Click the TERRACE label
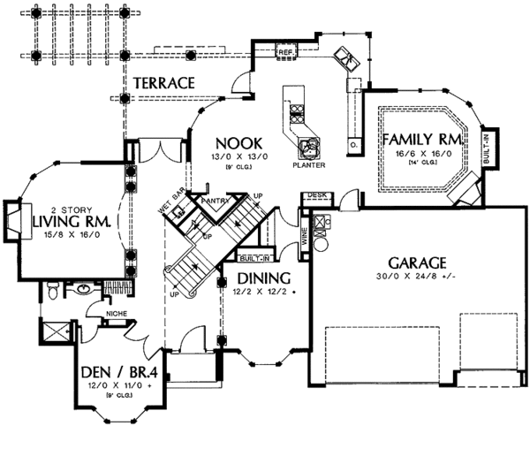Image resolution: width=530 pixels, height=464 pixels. click(x=163, y=82)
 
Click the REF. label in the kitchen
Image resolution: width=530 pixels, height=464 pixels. click(x=284, y=53)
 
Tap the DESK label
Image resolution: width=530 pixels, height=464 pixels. click(x=318, y=195)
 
